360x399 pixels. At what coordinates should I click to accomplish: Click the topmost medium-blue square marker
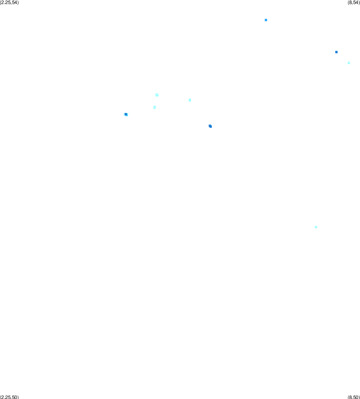pyautogui.click(x=266, y=20)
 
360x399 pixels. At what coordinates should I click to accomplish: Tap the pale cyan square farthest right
pyautogui.click(x=349, y=63)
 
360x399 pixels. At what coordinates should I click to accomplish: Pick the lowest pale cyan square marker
pyautogui.click(x=316, y=227)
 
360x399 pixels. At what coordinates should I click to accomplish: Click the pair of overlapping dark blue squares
pyautogui.click(x=210, y=126)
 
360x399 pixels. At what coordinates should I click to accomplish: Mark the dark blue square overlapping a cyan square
pyautogui.click(x=126, y=114)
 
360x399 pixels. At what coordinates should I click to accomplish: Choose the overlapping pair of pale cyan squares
pyautogui.click(x=157, y=95)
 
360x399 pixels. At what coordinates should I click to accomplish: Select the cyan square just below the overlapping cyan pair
pyautogui.click(x=155, y=107)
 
